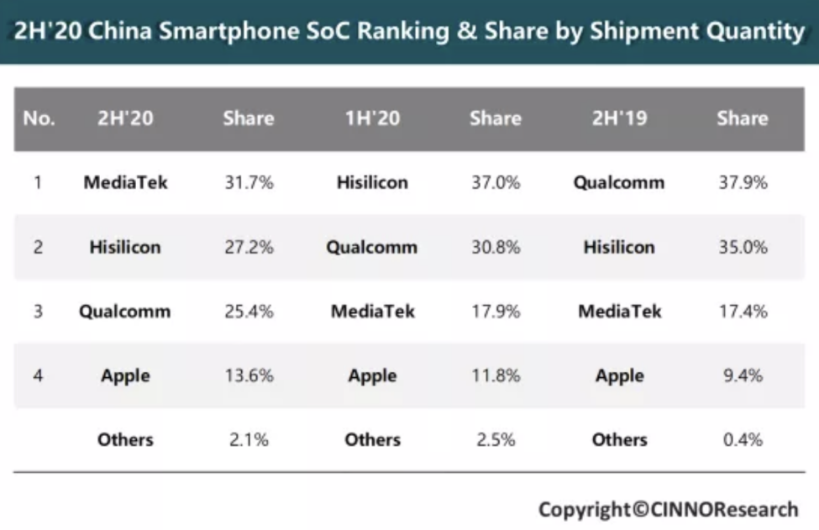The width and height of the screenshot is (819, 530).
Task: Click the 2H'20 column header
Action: [x=125, y=118]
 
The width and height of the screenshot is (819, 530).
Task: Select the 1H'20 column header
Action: [x=372, y=118]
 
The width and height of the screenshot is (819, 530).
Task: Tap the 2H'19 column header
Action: [x=619, y=118]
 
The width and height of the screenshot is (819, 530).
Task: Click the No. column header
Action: [x=39, y=118]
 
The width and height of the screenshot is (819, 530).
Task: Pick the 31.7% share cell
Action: [x=249, y=182]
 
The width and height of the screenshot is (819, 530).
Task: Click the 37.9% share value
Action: [x=743, y=182]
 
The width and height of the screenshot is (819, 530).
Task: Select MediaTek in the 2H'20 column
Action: [x=125, y=182]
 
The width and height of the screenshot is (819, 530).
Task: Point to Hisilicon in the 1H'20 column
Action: [x=372, y=182]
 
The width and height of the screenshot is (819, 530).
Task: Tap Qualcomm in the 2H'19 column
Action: [x=619, y=182]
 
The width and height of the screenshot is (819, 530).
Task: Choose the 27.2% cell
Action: [x=249, y=247]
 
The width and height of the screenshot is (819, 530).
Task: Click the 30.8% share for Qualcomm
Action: [x=496, y=247]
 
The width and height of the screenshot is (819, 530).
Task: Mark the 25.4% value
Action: [x=249, y=312]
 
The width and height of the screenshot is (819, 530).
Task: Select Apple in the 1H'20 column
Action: [x=372, y=375]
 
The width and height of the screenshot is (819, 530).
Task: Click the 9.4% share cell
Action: [x=743, y=375]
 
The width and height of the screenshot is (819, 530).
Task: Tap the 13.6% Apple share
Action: [x=249, y=375]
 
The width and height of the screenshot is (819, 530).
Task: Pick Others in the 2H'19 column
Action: [x=619, y=439]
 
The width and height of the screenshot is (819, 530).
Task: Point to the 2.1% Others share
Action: [x=249, y=439]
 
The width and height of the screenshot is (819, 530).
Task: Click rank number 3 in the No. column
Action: [x=38, y=312]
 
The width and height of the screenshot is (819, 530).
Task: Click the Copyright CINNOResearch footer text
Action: [x=668, y=509]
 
